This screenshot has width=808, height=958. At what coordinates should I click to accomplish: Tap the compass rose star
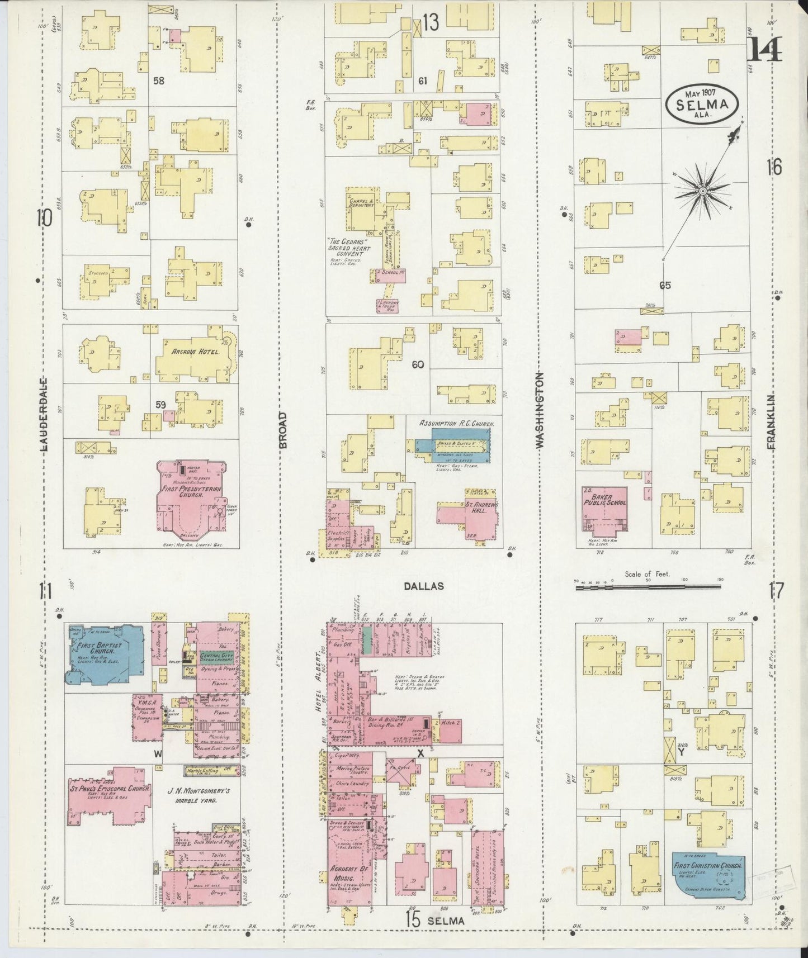[x=702, y=192]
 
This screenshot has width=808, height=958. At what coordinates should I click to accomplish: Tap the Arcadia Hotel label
[x=187, y=353]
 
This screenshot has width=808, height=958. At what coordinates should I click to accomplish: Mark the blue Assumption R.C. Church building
[x=460, y=445]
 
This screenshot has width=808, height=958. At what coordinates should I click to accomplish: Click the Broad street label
[x=283, y=430]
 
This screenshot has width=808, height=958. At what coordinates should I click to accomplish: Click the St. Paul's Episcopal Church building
[x=109, y=795]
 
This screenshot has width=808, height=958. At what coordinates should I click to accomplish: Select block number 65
[x=664, y=286]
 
